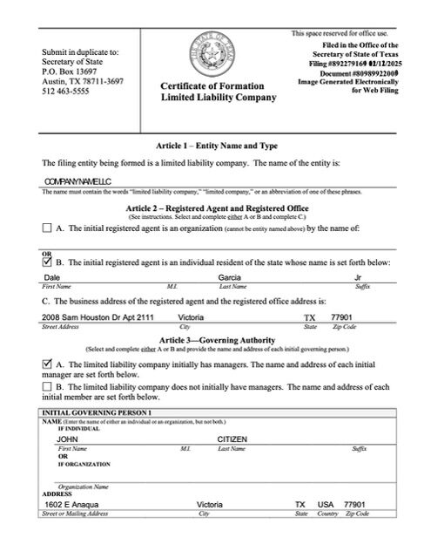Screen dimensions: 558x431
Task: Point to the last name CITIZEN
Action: pyautogui.click(x=233, y=439)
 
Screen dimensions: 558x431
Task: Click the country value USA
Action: pyautogui.click(x=326, y=505)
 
